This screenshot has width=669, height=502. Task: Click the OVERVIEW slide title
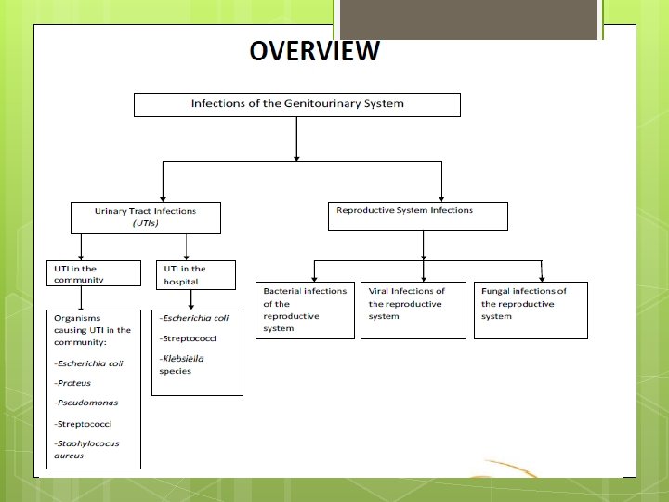(x=314, y=51)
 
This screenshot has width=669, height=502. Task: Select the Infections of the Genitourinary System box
(x=297, y=104)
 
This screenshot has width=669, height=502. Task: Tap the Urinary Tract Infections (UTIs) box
(x=146, y=218)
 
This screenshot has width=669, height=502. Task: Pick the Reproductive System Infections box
(x=418, y=216)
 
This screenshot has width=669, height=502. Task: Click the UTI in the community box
(x=94, y=274)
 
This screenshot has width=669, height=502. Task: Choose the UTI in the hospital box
(x=194, y=275)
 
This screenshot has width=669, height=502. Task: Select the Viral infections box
(x=413, y=310)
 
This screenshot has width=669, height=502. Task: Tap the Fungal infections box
(x=531, y=310)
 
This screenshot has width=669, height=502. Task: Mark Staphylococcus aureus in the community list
(x=86, y=450)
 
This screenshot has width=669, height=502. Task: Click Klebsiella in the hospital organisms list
(x=182, y=359)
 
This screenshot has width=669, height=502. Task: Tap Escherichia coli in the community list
(x=89, y=363)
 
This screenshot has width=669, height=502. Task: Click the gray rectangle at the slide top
(x=466, y=19)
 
